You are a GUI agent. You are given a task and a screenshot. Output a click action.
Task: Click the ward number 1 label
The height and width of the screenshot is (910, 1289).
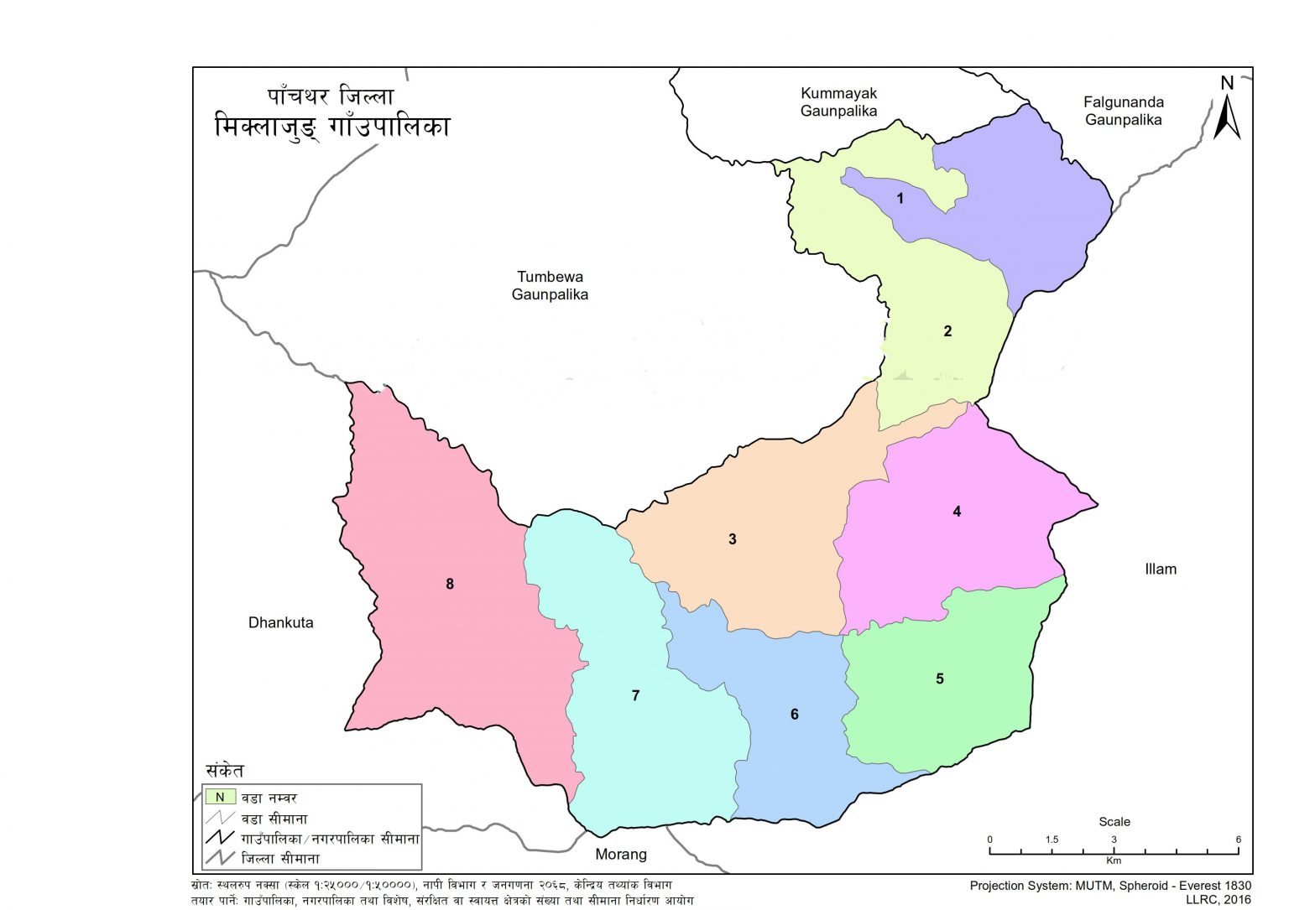tap(900, 199)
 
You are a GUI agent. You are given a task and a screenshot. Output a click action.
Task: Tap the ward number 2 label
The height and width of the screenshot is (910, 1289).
tap(947, 331)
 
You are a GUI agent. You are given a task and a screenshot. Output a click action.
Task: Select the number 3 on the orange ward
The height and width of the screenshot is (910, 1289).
tap(733, 539)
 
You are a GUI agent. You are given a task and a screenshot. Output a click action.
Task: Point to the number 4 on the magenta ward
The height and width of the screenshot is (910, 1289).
tap(957, 512)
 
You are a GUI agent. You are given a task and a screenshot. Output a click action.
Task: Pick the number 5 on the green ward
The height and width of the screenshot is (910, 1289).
tap(940, 679)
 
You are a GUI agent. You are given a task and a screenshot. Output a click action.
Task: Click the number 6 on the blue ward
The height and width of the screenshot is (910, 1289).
tap(795, 715)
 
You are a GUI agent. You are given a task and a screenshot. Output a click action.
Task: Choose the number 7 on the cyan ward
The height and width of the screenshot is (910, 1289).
tap(636, 695)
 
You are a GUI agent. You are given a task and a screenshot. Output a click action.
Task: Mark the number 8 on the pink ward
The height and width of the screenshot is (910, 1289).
tap(450, 584)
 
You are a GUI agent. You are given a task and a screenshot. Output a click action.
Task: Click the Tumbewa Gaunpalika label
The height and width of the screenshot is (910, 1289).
tap(550, 285)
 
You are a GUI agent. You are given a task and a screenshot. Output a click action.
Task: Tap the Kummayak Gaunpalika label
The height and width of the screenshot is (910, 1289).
tap(838, 102)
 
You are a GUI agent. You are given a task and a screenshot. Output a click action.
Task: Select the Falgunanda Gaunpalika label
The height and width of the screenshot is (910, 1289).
tap(1123, 111)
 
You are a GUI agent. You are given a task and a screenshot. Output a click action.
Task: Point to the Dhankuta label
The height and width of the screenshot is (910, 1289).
tap(280, 622)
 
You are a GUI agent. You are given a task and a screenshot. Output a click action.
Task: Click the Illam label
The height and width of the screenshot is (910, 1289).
tap(1161, 569)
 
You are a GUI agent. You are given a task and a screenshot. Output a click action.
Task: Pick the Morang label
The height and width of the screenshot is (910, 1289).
tap(621, 854)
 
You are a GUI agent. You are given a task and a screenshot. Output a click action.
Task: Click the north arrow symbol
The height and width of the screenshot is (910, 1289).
tap(1227, 109)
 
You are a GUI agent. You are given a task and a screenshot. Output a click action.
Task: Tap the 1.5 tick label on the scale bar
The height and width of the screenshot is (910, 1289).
tap(1052, 840)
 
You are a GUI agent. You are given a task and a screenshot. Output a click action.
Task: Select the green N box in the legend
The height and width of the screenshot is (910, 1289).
tap(220, 797)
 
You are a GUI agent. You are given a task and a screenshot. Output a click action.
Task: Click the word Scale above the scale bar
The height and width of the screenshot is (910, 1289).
tap(1114, 822)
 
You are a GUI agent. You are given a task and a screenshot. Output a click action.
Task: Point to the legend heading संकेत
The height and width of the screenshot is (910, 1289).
tap(225, 771)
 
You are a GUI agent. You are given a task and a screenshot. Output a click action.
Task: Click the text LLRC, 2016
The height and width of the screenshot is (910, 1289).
tap(1218, 899)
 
